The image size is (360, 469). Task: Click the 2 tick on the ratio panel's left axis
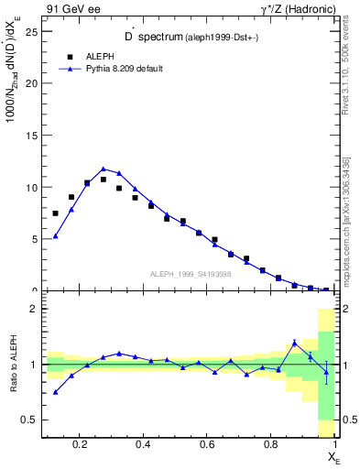pyautogui.click(x=34, y=309)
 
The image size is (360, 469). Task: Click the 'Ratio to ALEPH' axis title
pyautogui.click(x=14, y=365)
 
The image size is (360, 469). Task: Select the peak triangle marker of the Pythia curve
pyautogui.click(x=104, y=169)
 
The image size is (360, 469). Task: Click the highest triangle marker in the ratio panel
pyautogui.click(x=294, y=343)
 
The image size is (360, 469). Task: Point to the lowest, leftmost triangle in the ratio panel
pyautogui.click(x=56, y=392)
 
